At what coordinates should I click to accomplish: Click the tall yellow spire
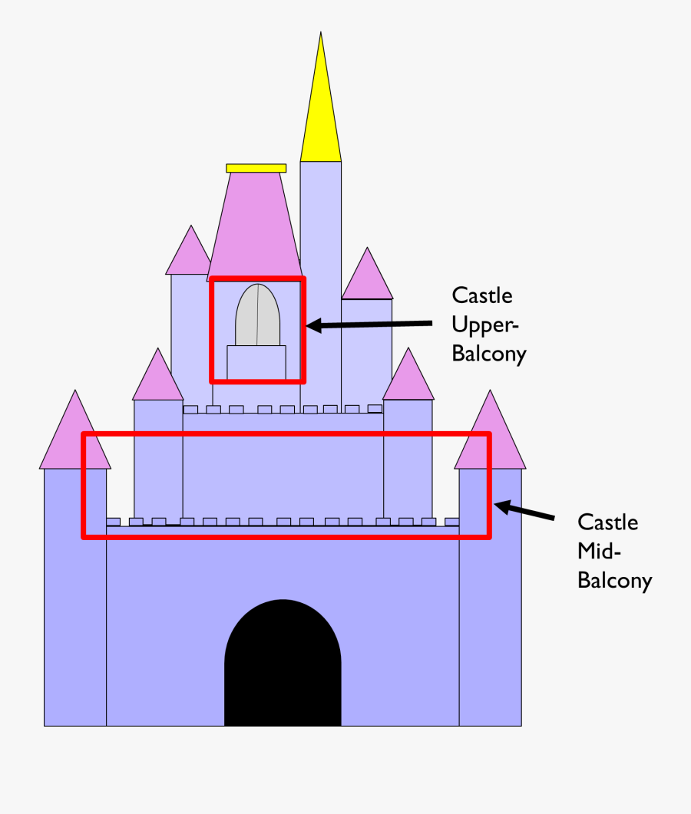coord(321,115)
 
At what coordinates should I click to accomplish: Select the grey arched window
coord(257,315)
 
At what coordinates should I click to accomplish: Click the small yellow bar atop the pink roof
coord(256,168)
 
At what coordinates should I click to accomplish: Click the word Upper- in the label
coord(485,325)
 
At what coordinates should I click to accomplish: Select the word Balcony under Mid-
coord(614,581)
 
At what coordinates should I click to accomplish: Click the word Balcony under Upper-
coord(489,354)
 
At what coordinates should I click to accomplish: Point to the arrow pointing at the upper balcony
coord(369,325)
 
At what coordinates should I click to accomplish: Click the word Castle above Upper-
coord(482,295)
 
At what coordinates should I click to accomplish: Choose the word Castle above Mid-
coord(607,522)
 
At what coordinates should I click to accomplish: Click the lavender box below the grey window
coord(256,362)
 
